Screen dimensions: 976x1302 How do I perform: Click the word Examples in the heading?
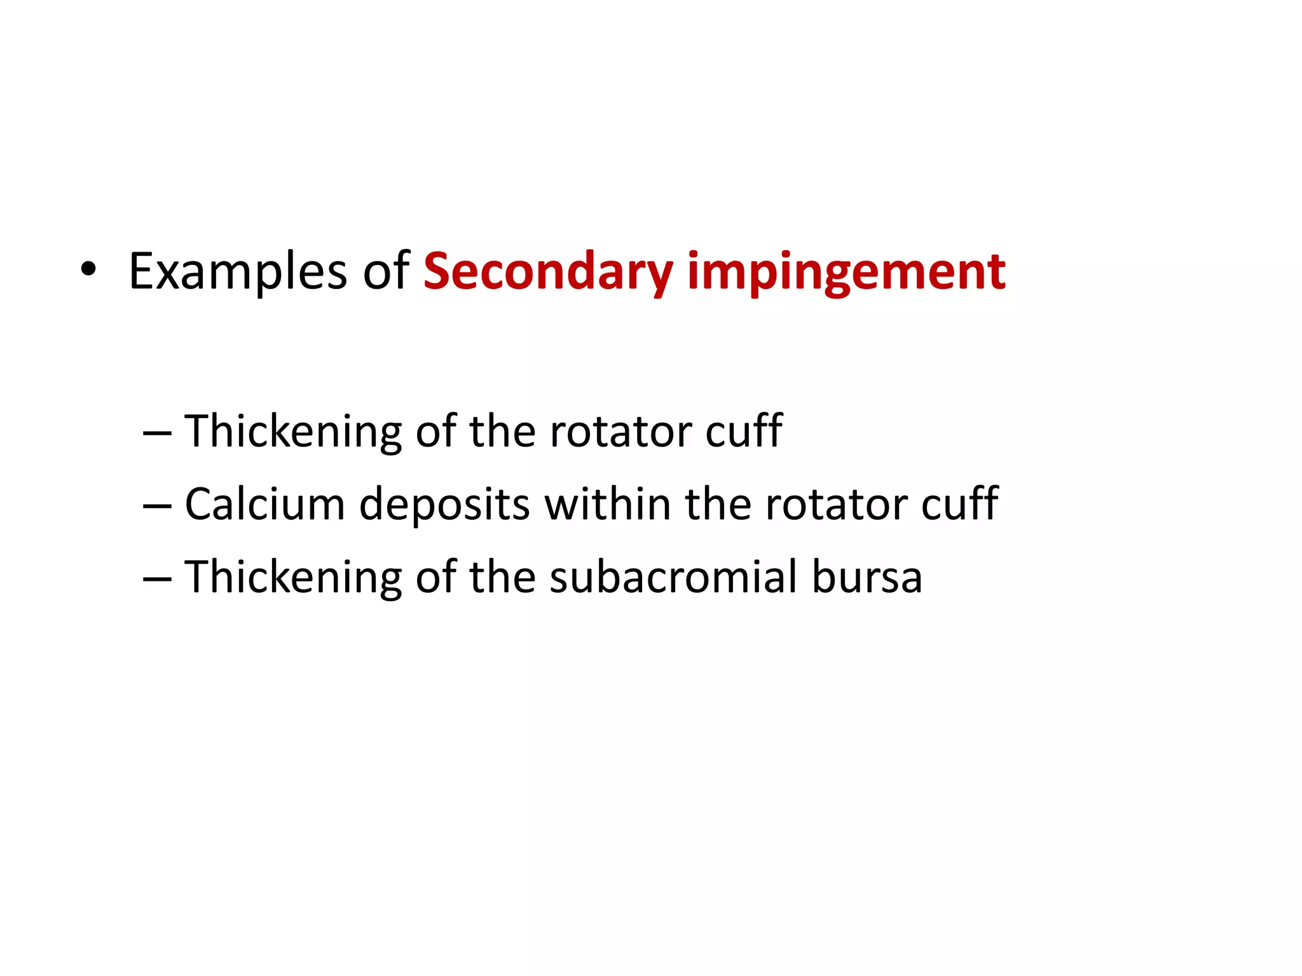click(237, 272)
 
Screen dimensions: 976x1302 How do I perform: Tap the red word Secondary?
click(548, 272)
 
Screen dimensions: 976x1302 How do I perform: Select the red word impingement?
click(846, 272)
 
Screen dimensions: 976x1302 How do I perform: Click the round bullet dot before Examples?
click(88, 270)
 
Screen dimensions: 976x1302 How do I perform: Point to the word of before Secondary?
click(386, 271)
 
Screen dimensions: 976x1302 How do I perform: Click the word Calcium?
click(264, 505)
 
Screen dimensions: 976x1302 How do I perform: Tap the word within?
click(608, 505)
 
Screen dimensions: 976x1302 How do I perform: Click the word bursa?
click(867, 577)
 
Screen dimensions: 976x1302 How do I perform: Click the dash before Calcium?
click(157, 506)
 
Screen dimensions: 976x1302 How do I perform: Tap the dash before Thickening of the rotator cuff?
click(157, 433)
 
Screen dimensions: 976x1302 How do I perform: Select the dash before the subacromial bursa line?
click(157, 579)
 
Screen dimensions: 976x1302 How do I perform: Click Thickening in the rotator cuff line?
click(293, 432)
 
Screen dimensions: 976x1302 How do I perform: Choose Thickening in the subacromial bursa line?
click(293, 577)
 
